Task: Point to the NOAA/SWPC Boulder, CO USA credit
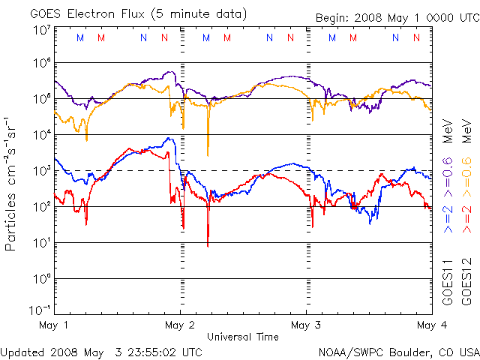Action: click(x=398, y=352)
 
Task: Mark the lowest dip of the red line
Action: click(x=208, y=244)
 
